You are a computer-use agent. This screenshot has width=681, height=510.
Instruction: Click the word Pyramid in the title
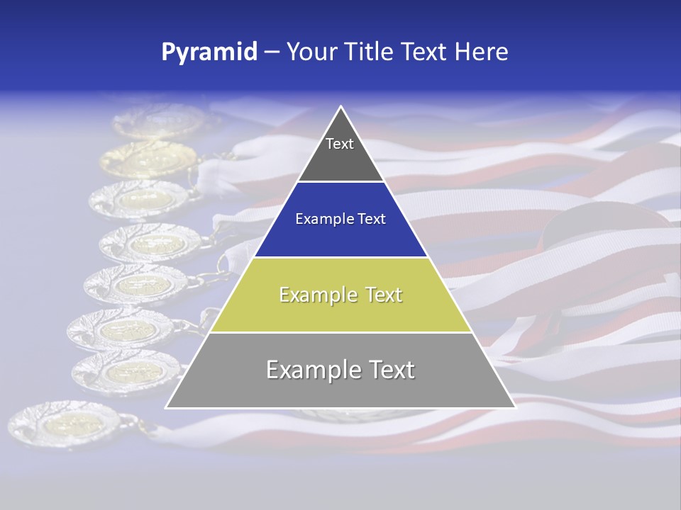pyautogui.click(x=209, y=52)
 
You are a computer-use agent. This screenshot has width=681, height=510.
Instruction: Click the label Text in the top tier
pyautogui.click(x=339, y=144)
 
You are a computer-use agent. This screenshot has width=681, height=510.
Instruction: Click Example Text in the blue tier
pyautogui.click(x=340, y=219)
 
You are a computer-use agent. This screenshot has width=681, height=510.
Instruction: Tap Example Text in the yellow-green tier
pyautogui.click(x=340, y=295)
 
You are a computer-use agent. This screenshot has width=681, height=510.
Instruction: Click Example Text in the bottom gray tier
pyautogui.click(x=340, y=370)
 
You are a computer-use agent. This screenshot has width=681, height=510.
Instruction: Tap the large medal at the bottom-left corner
pyautogui.click(x=67, y=425)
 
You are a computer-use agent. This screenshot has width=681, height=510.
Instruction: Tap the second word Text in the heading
pyautogui.click(x=425, y=52)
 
